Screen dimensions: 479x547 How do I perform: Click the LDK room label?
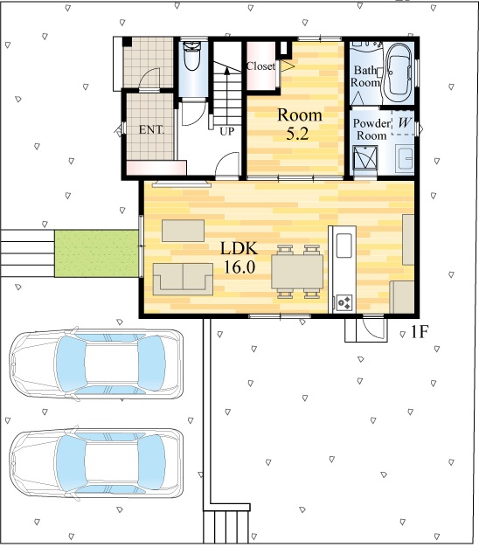click(x=239, y=258)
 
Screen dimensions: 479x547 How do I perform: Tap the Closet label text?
click(x=260, y=66)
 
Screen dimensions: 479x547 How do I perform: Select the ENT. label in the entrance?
click(x=151, y=130)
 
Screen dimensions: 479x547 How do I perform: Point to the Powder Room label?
click(x=371, y=129)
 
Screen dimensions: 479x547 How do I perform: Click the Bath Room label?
click(x=365, y=76)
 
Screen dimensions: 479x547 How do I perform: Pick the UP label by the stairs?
click(x=226, y=132)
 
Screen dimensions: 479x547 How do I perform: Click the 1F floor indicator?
click(x=419, y=332)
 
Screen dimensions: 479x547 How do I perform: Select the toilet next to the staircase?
click(x=192, y=55)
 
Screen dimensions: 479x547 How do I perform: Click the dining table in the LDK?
click(x=297, y=271)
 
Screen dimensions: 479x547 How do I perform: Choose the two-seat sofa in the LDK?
click(x=183, y=279)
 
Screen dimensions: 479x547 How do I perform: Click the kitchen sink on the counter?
click(x=344, y=245)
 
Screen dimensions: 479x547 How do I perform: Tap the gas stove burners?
click(x=344, y=302)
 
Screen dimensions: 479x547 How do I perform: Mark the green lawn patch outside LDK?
click(x=96, y=253)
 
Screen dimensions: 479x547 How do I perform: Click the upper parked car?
click(x=96, y=364)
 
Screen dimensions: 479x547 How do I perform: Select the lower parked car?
click(x=96, y=463)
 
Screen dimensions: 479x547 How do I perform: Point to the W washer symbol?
click(x=404, y=122)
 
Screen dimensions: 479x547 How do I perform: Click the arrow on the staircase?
click(x=226, y=95)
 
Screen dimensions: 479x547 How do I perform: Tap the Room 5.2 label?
click(x=299, y=124)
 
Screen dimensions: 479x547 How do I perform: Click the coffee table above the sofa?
click(x=184, y=230)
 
